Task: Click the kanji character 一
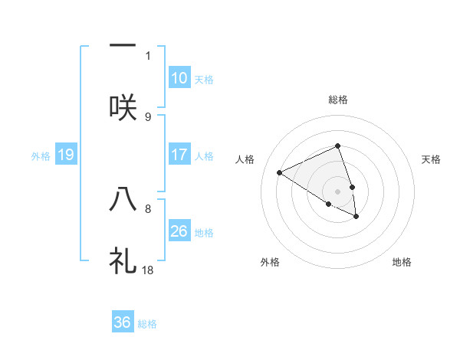click(123, 46)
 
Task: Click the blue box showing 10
click(179, 78)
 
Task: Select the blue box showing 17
click(179, 155)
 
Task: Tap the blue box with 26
click(179, 231)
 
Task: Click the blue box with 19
click(65, 155)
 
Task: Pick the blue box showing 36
click(123, 322)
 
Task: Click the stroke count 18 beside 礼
click(148, 270)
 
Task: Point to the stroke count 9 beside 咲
click(148, 116)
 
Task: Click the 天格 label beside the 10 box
click(204, 80)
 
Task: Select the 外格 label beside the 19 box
click(41, 156)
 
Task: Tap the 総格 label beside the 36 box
click(147, 324)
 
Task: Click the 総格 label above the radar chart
click(337, 100)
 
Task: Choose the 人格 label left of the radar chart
click(246, 159)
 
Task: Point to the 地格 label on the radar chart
click(402, 262)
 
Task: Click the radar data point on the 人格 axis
click(279, 172)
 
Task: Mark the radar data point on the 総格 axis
click(337, 146)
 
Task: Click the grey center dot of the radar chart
click(337, 191)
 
